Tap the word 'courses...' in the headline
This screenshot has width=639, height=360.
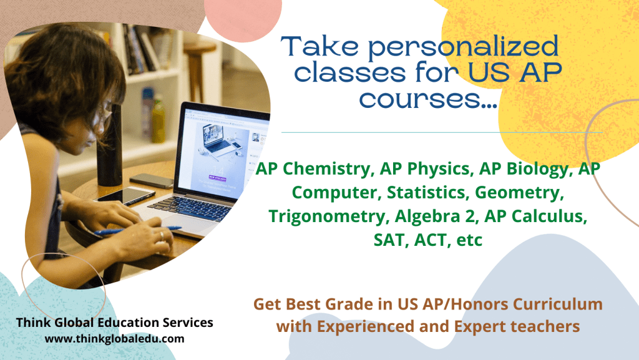click(x=428, y=99)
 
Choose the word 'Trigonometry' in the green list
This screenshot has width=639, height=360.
click(x=326, y=216)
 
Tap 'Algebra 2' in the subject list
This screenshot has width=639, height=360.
click(x=435, y=216)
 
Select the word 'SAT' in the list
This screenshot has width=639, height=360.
click(x=391, y=240)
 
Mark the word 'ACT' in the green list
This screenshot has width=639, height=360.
click(x=432, y=240)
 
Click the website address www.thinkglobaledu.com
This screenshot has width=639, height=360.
click(x=115, y=339)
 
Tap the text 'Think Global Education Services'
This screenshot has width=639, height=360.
click(x=115, y=323)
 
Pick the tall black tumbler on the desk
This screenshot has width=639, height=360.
click(x=110, y=146)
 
